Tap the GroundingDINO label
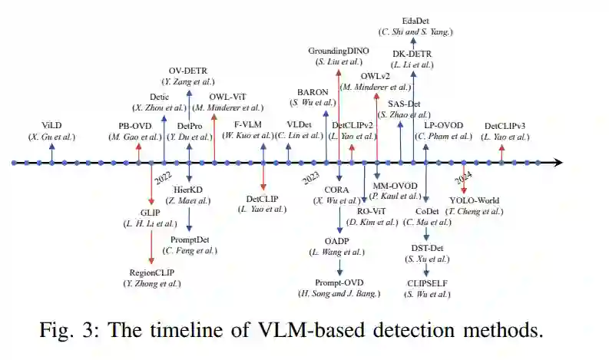[339, 51]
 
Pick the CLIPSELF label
[428, 282]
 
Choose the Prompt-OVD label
[339, 282]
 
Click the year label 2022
[164, 177]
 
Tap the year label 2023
[310, 177]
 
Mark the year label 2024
[463, 178]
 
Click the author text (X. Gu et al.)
[52, 137]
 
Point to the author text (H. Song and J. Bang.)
[339, 294]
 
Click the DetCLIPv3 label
[506, 126]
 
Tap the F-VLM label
[247, 125]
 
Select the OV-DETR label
[189, 70]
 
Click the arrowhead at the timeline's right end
[559, 163]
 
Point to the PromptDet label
[189, 239]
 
